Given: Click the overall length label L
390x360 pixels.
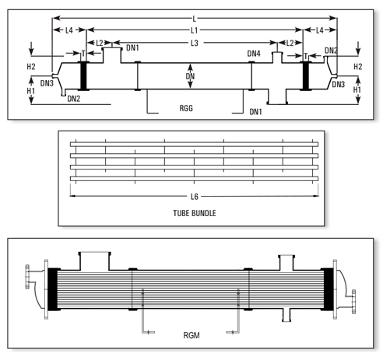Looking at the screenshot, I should click(194, 16).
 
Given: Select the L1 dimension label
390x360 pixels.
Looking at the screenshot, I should click(194, 30).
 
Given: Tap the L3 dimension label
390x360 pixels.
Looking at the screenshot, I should click(194, 42).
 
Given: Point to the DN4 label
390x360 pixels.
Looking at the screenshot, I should click(254, 54).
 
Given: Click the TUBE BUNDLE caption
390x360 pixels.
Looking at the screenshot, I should click(194, 211).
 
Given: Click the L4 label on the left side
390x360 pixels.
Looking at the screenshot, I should click(69, 30).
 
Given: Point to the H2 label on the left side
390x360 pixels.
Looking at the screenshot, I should click(31, 67).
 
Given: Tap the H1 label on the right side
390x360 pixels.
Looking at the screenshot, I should click(358, 90).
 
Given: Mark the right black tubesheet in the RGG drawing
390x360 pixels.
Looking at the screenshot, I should click(307, 75).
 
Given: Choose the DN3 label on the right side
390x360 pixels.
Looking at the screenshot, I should click(338, 83).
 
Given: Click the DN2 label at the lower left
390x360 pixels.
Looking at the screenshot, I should click(75, 99).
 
